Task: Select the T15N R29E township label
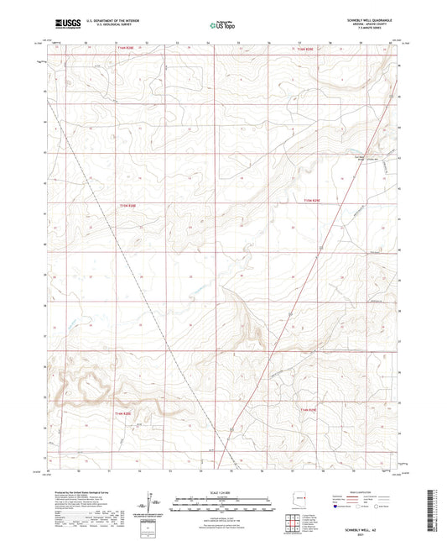click(x=312, y=200)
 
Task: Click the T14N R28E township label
click(x=122, y=412)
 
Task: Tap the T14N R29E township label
click(x=309, y=410)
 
